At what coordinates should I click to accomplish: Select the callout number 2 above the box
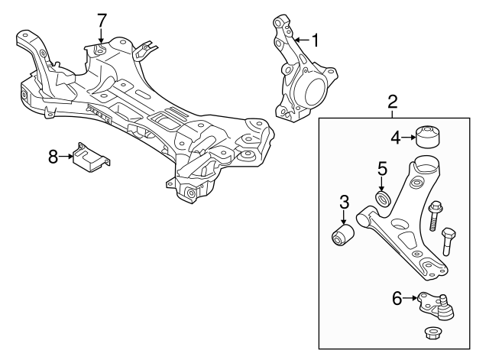(393, 101)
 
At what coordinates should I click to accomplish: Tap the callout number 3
(344, 203)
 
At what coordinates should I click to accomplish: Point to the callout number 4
(396, 138)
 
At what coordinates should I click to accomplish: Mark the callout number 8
(53, 157)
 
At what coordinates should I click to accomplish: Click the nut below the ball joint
(430, 333)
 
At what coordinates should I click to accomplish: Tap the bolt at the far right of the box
(449, 239)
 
